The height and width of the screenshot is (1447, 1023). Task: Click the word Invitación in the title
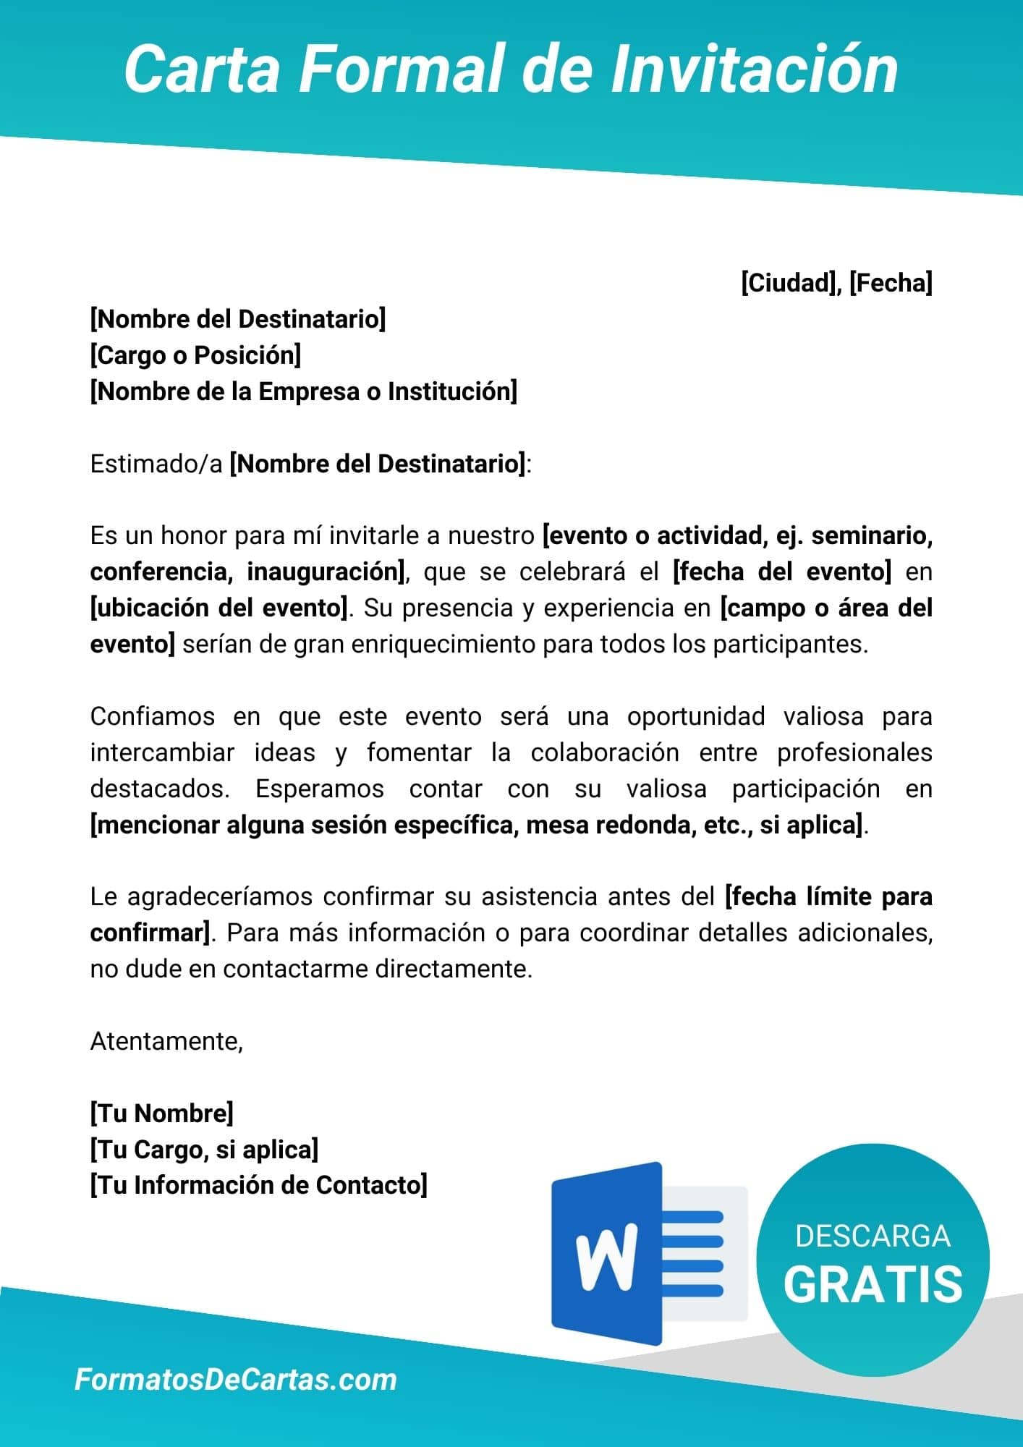tap(755, 70)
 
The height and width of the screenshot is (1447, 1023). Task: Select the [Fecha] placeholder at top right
tap(891, 283)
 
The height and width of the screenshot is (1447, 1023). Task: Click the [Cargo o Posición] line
tap(195, 355)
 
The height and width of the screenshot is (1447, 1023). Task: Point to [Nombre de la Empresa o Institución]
tap(304, 391)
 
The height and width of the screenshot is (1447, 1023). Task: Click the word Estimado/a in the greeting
tap(156, 464)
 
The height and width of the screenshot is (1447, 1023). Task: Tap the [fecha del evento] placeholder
tap(782, 572)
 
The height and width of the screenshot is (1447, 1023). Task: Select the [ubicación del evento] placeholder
tap(219, 608)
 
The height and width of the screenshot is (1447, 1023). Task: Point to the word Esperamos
tap(319, 789)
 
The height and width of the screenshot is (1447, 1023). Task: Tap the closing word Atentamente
tap(166, 1041)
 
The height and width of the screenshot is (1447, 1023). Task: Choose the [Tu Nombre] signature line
tap(162, 1113)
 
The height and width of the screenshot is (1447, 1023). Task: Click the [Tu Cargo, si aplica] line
tap(204, 1149)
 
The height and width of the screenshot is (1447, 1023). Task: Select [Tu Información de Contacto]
tap(259, 1185)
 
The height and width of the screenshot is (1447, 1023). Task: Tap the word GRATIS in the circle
tap(873, 1283)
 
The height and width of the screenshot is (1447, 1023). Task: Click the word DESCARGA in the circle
tap(873, 1236)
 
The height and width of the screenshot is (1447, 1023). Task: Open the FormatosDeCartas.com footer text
tap(236, 1380)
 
